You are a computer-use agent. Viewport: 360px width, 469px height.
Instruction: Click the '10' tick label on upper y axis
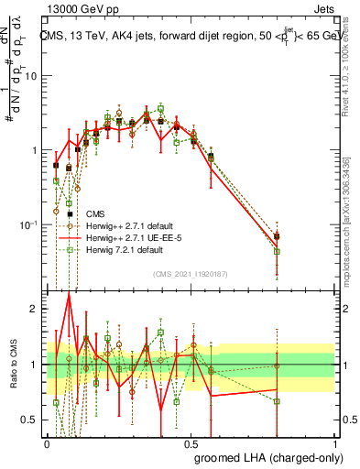point(32,75)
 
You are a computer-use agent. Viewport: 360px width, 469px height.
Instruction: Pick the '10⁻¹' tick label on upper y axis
point(30,224)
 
